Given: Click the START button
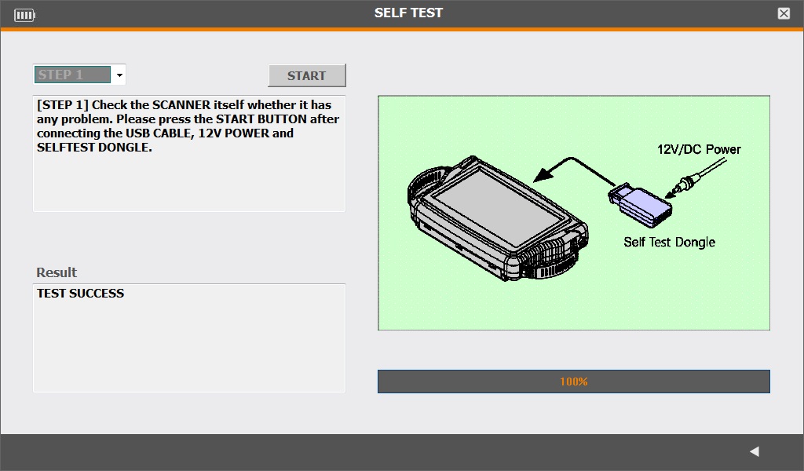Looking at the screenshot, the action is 307,75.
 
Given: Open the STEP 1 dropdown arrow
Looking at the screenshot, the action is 119,75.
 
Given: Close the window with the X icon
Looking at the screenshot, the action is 784,14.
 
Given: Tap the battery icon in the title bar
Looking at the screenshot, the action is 24,15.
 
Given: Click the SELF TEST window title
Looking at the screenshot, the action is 408,13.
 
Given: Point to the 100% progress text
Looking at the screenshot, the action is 573,382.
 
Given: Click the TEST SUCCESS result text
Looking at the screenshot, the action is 81,293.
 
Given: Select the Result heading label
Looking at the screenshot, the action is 57,272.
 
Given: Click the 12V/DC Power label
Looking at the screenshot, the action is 699,149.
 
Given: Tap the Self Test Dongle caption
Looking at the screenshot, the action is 669,242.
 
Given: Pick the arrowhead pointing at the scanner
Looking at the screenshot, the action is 543,173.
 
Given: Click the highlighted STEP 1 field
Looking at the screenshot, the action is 72,75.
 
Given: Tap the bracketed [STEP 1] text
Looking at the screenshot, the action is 63,105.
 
